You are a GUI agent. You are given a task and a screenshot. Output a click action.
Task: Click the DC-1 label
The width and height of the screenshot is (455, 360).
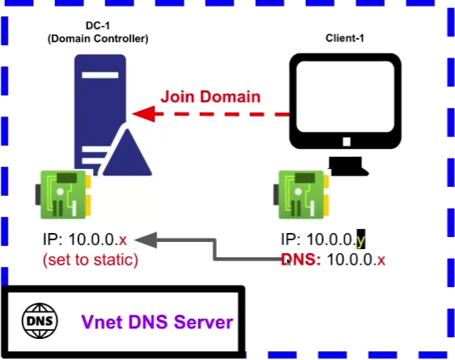98,26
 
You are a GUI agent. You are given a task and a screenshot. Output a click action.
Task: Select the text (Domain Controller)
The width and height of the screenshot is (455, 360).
98,39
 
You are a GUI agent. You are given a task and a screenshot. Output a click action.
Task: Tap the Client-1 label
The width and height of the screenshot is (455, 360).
345,38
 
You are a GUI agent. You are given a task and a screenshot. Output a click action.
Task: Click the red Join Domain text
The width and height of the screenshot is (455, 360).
210,96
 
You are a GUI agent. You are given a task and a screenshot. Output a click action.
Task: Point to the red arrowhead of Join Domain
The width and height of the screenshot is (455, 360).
143,114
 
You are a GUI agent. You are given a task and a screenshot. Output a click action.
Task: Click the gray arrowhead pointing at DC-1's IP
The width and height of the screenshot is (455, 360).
146,240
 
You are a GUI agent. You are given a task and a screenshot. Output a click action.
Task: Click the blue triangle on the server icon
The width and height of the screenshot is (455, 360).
127,154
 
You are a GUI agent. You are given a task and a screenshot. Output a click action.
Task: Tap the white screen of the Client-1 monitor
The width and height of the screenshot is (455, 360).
346,96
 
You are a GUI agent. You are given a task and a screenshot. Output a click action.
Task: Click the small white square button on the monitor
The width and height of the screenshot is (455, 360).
347,142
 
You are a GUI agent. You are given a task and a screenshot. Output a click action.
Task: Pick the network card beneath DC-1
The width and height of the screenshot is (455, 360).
63,194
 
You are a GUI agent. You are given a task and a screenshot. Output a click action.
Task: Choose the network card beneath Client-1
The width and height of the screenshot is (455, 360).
301,194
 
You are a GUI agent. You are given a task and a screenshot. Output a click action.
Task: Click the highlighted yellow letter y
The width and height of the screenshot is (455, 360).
361,239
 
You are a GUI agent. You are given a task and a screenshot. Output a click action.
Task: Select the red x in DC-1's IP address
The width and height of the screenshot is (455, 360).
123,240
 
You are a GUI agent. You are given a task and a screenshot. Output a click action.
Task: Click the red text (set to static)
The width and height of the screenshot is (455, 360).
91,260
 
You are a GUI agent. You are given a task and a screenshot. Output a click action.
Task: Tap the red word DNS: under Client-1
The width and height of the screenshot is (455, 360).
301,260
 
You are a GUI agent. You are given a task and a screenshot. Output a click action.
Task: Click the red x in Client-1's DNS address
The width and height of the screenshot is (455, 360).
381,260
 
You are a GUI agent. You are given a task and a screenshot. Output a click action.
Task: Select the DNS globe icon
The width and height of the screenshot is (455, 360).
40,321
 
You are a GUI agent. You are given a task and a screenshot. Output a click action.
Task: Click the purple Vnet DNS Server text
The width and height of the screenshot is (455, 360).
157,322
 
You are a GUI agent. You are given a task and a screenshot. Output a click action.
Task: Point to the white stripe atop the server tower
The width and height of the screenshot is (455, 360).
100,75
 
